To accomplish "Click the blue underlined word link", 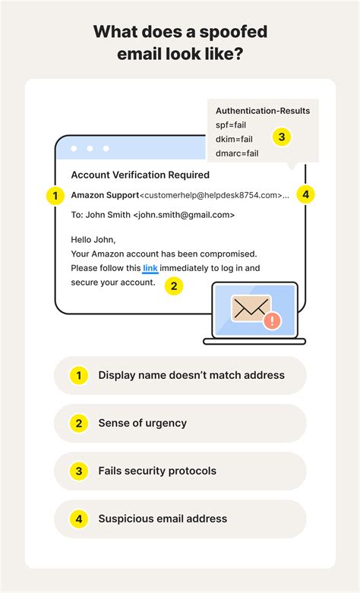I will point(150,268).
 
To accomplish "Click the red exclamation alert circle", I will point(270,321).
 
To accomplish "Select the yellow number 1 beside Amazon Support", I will point(55,195).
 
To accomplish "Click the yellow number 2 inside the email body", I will point(174,285).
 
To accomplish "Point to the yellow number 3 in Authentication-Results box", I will point(281,137).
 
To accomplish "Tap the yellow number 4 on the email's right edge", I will point(305,194).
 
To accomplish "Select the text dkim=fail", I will point(235,139).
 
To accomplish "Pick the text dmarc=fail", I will point(238,153).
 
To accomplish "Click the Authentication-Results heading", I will point(262,110).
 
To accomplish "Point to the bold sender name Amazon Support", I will point(105,195).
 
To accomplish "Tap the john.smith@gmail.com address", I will point(184,215).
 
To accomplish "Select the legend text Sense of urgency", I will point(142,423).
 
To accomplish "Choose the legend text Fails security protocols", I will point(157,471).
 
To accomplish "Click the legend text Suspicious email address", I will point(163,519).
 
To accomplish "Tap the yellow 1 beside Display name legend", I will point(77,375).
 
